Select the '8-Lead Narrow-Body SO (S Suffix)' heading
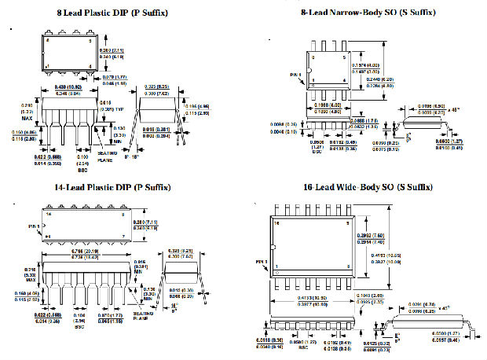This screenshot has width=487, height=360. [368, 13]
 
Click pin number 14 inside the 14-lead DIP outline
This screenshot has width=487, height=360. [49, 213]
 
